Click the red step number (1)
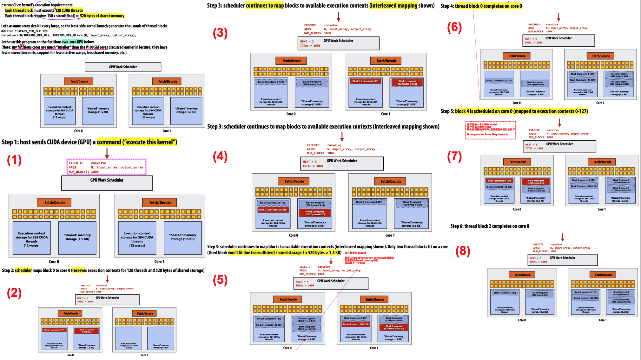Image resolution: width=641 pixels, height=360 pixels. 14,160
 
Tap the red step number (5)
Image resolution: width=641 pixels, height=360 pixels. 220,280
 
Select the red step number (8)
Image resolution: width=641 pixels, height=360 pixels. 463,251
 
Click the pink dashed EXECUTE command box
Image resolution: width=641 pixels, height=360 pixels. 107,167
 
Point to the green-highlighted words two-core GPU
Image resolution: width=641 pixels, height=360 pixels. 73,42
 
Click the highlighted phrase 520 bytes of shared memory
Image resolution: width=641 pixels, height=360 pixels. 102,16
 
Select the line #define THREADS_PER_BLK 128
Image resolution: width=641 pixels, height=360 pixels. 24,31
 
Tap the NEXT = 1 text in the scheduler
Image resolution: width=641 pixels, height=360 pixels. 83,298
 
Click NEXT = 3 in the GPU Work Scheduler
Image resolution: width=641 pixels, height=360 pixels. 309,162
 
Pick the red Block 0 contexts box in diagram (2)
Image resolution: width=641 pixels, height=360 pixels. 54,330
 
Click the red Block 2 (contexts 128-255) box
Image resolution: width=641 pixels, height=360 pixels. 273,210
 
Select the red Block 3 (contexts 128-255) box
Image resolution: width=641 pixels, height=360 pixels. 355,324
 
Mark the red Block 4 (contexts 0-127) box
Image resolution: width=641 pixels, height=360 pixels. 499,181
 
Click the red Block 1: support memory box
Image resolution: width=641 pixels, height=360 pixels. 407,83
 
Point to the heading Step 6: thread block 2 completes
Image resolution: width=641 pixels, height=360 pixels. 490,226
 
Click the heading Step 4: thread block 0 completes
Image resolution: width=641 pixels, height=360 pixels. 481,6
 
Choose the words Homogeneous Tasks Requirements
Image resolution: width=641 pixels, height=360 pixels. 487,135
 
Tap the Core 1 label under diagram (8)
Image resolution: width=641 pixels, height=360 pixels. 603,320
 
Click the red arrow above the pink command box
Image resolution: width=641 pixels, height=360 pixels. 107,154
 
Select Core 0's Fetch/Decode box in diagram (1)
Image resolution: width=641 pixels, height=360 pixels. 55,203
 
